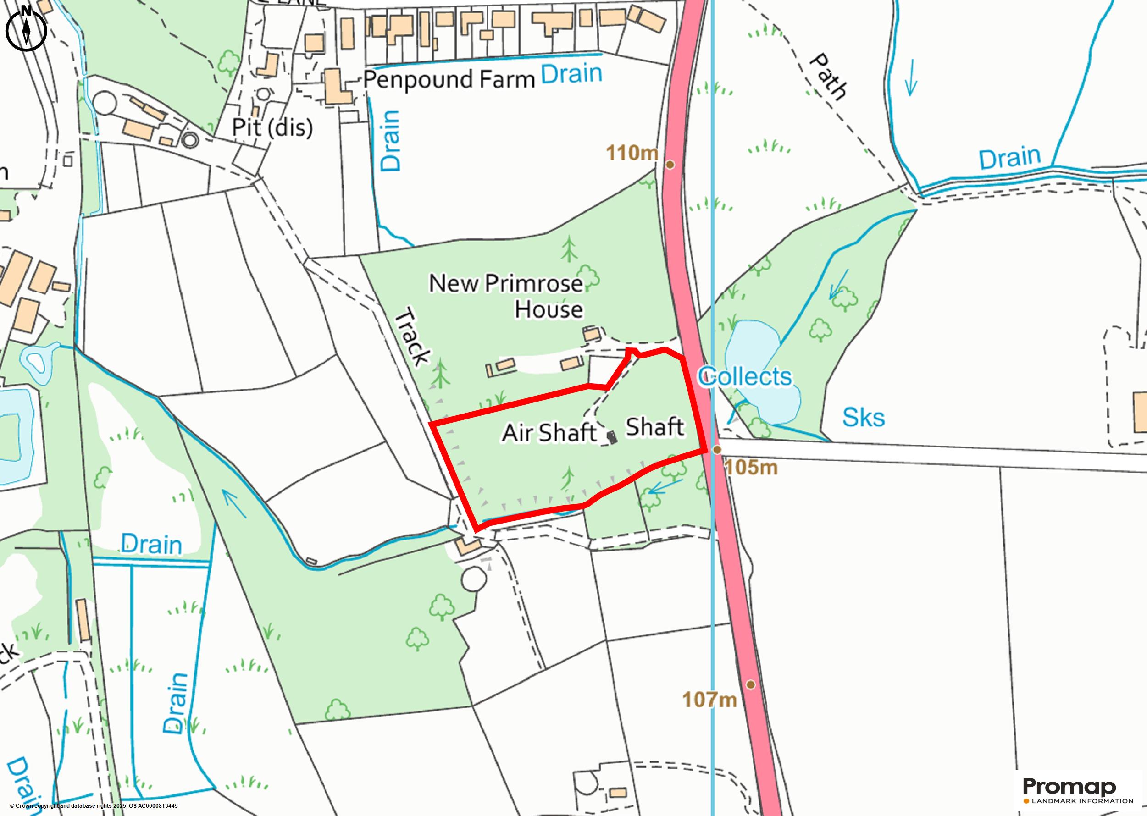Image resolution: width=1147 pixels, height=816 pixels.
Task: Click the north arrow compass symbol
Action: (x=26, y=29)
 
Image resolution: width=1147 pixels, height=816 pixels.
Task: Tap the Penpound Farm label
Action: (x=449, y=80)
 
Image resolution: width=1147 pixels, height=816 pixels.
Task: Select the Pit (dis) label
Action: (x=272, y=127)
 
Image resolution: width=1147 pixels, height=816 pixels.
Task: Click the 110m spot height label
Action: (x=632, y=153)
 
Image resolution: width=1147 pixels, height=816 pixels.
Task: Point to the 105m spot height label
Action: (x=751, y=468)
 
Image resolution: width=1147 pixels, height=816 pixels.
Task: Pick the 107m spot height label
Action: (x=709, y=700)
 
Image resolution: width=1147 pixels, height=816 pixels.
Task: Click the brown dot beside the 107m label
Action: (x=750, y=684)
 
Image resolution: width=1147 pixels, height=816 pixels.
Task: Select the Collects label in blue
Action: (x=745, y=376)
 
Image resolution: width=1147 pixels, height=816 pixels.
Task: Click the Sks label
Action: (x=863, y=418)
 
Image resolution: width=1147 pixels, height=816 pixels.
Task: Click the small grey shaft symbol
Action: (x=611, y=437)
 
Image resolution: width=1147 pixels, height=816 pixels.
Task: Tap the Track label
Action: (x=413, y=338)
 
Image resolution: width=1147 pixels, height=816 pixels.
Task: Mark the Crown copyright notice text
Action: (x=94, y=806)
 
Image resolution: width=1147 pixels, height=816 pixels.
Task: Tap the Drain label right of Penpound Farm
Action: (x=571, y=74)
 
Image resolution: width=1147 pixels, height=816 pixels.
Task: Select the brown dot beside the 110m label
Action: (x=670, y=164)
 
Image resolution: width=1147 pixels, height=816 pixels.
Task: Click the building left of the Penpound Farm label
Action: (x=335, y=88)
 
